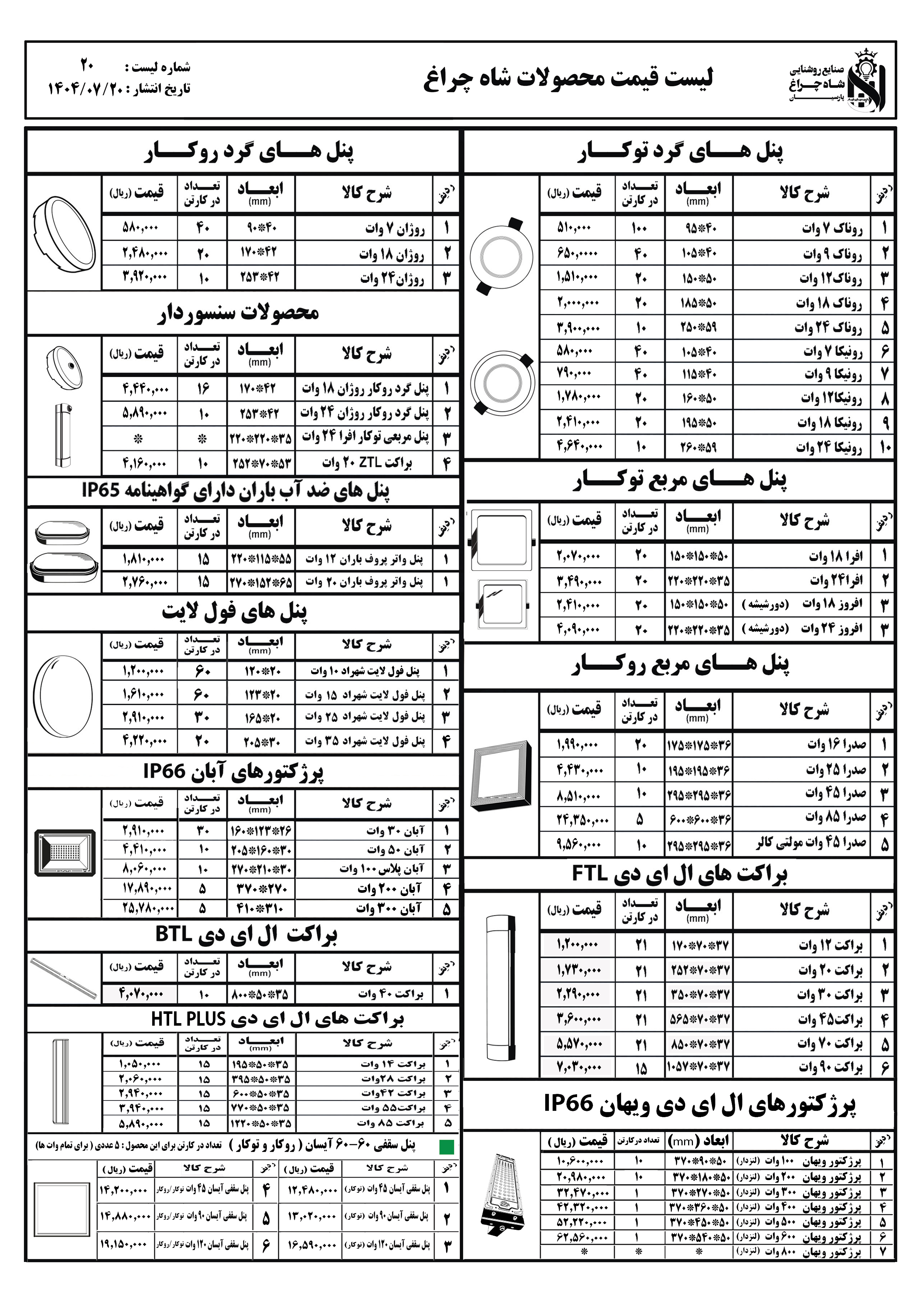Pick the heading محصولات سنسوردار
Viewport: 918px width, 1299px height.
238,313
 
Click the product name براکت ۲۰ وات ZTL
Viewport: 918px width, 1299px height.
366,463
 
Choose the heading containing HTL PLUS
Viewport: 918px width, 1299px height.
277,1019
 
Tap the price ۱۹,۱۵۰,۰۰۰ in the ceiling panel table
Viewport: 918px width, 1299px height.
123,1244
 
